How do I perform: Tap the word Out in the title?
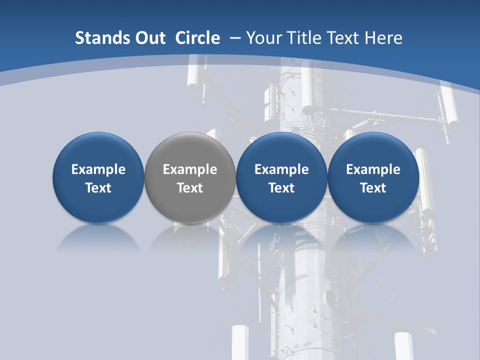(x=149, y=38)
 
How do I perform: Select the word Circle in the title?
(x=197, y=38)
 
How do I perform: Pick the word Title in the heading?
(x=304, y=38)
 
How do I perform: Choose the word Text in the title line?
(x=343, y=38)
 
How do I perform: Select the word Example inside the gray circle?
(x=190, y=169)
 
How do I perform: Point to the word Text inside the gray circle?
(x=190, y=188)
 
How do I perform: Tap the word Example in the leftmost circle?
(x=98, y=169)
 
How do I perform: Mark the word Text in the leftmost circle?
(x=98, y=188)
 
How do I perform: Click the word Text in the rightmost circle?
(x=373, y=188)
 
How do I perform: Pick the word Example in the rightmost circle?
(x=373, y=169)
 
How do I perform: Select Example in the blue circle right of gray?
(x=281, y=169)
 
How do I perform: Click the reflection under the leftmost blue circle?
(x=98, y=237)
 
